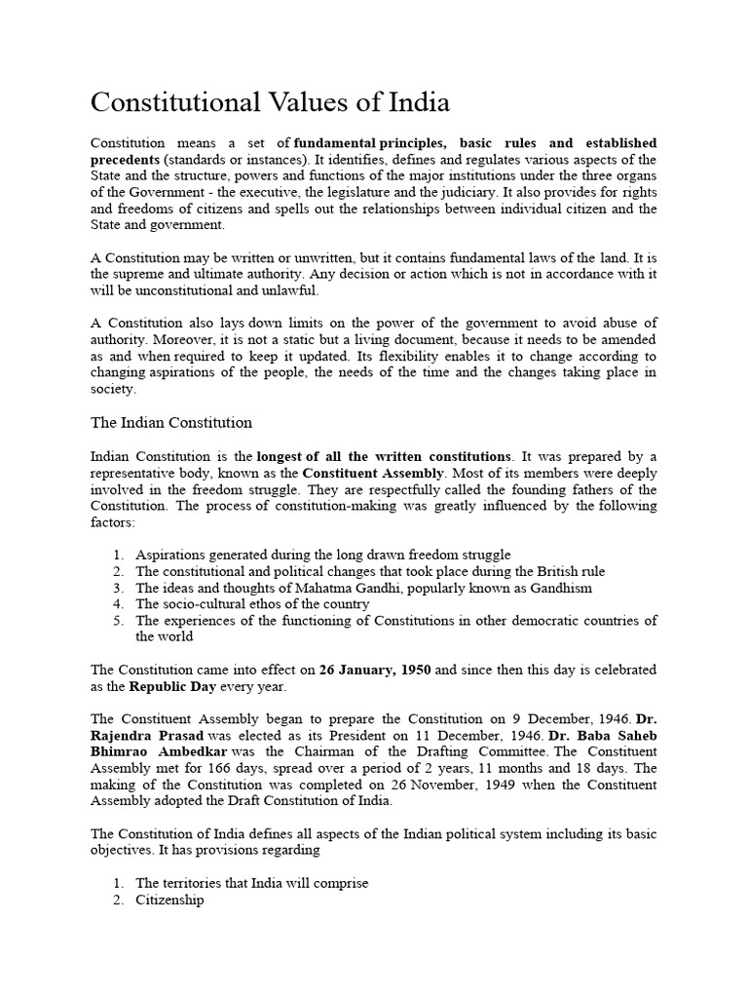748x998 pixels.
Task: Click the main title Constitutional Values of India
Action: click(x=271, y=102)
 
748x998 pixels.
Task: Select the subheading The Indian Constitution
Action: click(x=171, y=422)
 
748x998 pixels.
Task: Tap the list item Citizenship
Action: click(x=169, y=901)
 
